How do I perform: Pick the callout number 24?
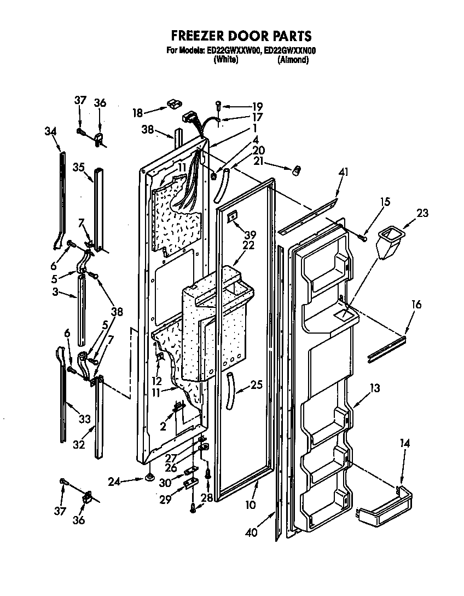pyautogui.click(x=113, y=482)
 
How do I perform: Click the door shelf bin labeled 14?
pyautogui.click(x=383, y=504)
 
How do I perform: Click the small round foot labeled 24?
pyautogui.click(x=148, y=480)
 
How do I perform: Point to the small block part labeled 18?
pyautogui.click(x=174, y=103)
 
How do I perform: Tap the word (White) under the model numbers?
pyautogui.click(x=225, y=60)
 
